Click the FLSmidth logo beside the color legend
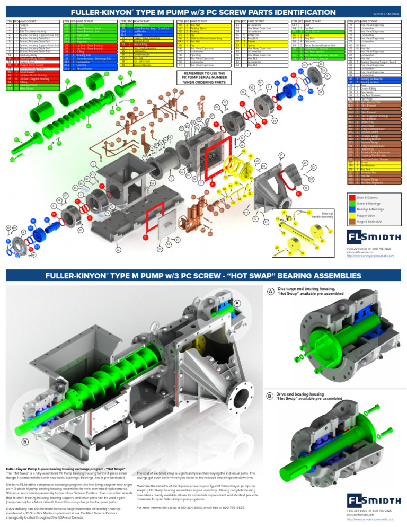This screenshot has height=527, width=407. (373, 236)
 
